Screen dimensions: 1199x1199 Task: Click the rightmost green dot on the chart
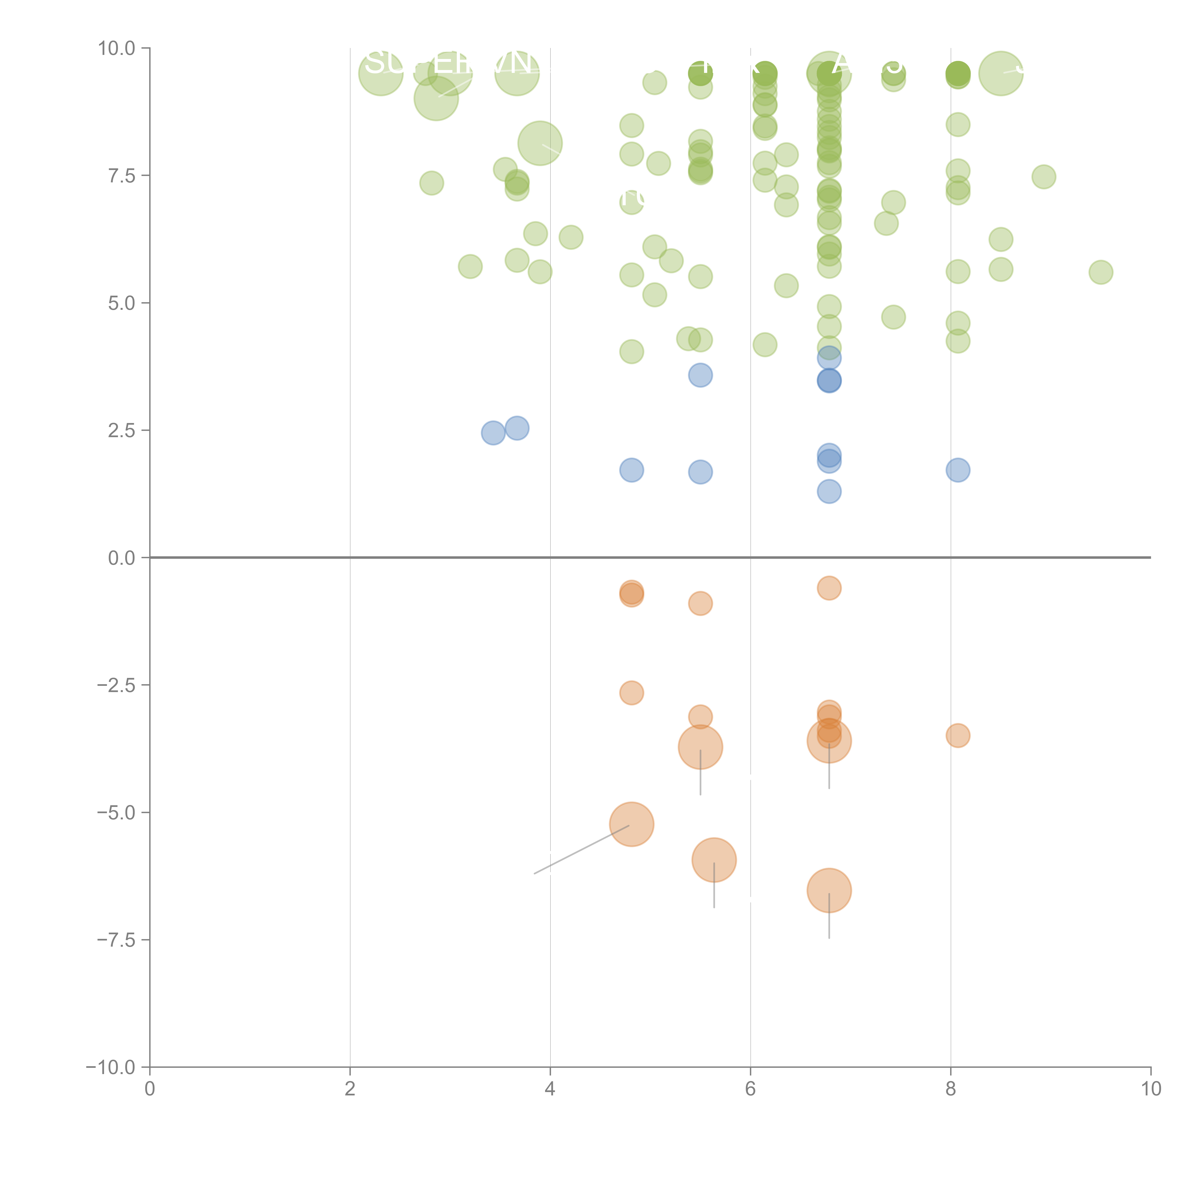pyautogui.click(x=1100, y=272)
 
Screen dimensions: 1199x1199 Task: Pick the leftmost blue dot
pyautogui.click(x=493, y=433)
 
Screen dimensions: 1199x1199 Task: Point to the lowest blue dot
pyautogui.click(x=829, y=492)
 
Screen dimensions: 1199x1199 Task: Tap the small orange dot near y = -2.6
pyautogui.click(x=631, y=693)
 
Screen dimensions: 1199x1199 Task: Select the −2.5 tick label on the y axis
pyautogui.click(x=116, y=685)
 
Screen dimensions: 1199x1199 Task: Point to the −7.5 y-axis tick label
pyautogui.click(x=116, y=940)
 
